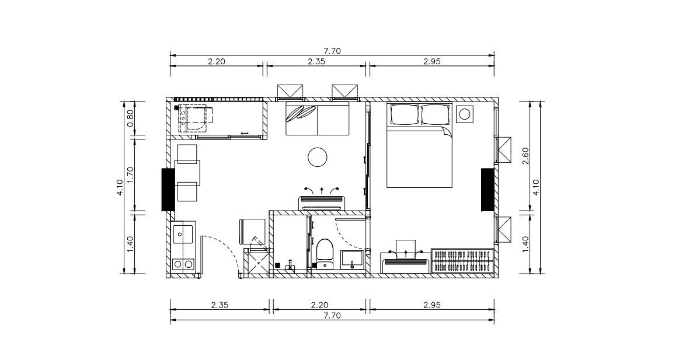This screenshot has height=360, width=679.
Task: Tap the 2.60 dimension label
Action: (525, 156)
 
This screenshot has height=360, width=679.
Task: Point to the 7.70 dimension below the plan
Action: (332, 316)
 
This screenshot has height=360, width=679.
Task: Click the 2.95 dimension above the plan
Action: (431, 61)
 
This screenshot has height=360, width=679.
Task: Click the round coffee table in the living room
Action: (318, 157)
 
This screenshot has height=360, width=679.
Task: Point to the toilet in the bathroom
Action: (324, 254)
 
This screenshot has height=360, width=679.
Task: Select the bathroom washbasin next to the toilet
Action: (353, 260)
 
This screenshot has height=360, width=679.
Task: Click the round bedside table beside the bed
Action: (464, 114)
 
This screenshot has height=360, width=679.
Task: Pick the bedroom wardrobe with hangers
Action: (462, 261)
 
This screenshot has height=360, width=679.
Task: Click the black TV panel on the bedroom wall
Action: (488, 190)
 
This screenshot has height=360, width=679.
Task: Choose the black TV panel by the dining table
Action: (168, 190)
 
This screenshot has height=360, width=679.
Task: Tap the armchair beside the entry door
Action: (252, 232)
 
